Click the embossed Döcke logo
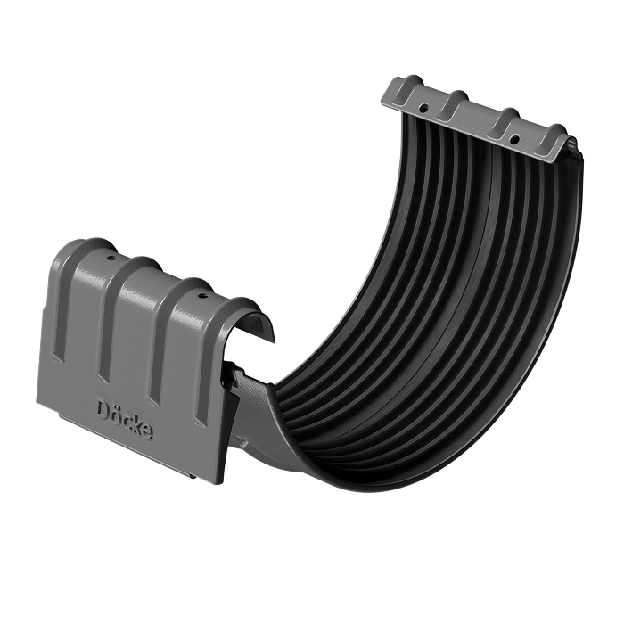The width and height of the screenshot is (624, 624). [x=125, y=419]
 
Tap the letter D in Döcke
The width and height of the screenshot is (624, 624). [x=103, y=408]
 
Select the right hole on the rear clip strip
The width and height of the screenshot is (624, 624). [x=514, y=140]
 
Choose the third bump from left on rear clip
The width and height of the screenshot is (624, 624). [x=505, y=120]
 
